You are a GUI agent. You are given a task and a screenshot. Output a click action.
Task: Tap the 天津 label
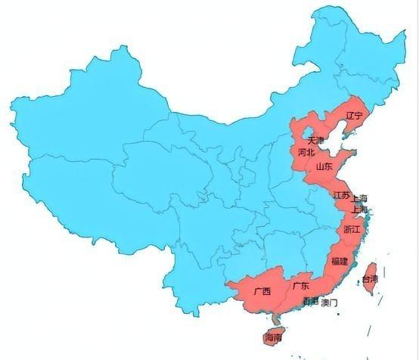(315, 141)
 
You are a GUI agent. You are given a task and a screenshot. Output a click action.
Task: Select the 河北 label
(306, 152)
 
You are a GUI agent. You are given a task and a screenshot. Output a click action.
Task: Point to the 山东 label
(324, 166)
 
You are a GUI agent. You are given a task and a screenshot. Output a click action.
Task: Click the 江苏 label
(341, 195)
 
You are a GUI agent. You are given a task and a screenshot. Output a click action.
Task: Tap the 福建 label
(339, 261)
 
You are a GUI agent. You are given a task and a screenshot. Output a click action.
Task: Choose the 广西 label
(262, 290)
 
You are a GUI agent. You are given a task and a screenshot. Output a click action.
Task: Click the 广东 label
(300, 286)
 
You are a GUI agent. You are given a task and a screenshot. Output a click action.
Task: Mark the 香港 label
(310, 302)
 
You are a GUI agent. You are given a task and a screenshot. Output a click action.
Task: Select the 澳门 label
(329, 303)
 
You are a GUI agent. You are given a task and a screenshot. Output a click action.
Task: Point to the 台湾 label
(369, 278)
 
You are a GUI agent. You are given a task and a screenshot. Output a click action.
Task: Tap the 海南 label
(272, 337)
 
